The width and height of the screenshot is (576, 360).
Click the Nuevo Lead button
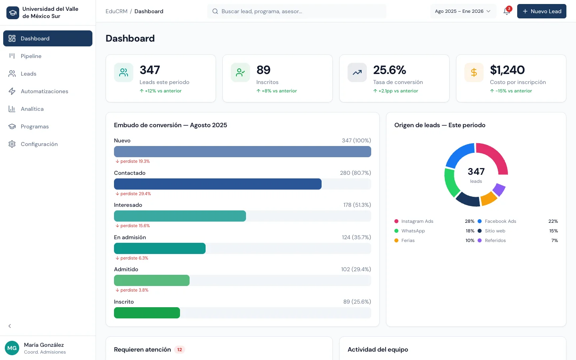pos(542,11)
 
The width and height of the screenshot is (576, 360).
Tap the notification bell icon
pos(506,11)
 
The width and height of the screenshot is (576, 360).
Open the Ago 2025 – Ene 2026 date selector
pos(463,11)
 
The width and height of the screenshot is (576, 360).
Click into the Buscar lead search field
pos(297,11)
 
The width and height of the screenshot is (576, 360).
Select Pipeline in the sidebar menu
pos(31,56)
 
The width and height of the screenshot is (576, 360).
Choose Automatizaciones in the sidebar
pos(44,91)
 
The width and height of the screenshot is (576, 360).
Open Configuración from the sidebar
pos(39,144)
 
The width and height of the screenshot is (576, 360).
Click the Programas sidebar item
pos(35,126)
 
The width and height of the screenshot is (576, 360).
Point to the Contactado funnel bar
pos(218,184)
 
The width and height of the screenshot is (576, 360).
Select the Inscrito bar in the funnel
pos(147,313)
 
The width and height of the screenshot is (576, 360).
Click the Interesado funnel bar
pos(180,216)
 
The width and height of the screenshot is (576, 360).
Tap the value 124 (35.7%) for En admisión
pos(356,237)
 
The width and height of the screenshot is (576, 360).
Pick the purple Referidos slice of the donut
pos(499,189)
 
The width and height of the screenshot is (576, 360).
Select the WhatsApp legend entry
pos(413,231)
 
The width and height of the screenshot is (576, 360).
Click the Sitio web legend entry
pos(495,231)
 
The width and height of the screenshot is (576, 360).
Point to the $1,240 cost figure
pos(507,70)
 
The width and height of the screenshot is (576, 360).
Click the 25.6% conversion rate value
pos(390,70)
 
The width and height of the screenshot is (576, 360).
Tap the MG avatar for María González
pos(12,348)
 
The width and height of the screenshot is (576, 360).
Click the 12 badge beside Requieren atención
pos(180,350)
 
